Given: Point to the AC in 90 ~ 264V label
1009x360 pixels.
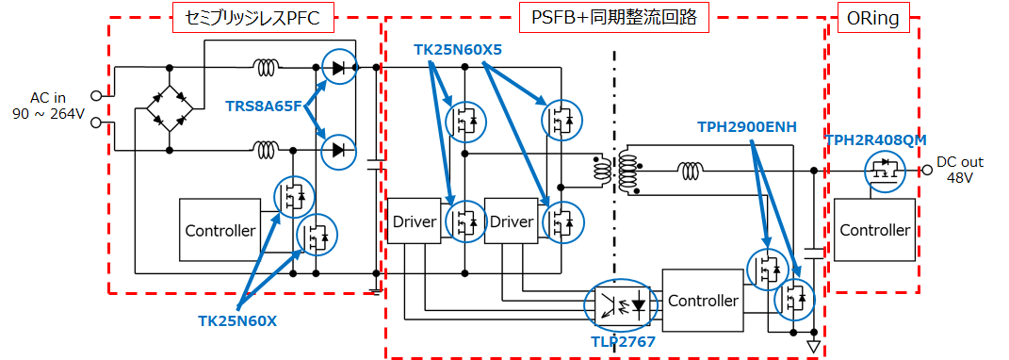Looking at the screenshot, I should [x=47, y=106].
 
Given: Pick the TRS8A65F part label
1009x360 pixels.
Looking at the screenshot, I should [x=263, y=105].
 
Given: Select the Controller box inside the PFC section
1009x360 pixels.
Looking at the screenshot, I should [x=220, y=230].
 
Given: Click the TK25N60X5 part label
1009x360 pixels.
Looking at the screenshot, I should [x=457, y=48].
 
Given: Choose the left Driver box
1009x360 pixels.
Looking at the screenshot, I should [x=414, y=221].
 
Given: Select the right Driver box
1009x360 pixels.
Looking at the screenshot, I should [x=512, y=221].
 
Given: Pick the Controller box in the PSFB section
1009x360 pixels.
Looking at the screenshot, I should [x=703, y=301].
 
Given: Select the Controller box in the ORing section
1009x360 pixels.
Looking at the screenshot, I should [x=875, y=230].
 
